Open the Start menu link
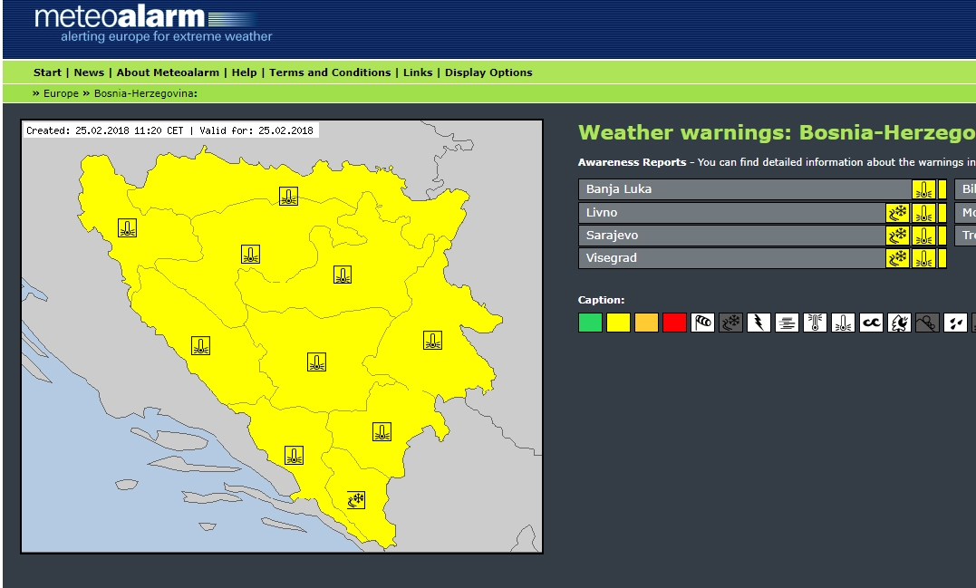click(47, 72)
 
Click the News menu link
click(89, 72)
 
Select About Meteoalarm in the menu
click(168, 72)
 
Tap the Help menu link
click(244, 72)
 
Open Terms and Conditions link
click(330, 72)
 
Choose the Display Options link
click(488, 72)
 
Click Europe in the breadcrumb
click(61, 93)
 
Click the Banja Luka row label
click(619, 189)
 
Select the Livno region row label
click(602, 213)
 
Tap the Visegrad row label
click(612, 258)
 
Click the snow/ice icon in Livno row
click(898, 213)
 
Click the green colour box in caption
click(590, 323)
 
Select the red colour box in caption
click(674, 323)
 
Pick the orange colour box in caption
click(646, 323)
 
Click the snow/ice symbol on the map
click(356, 499)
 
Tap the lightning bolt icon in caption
click(759, 323)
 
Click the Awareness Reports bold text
click(632, 162)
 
